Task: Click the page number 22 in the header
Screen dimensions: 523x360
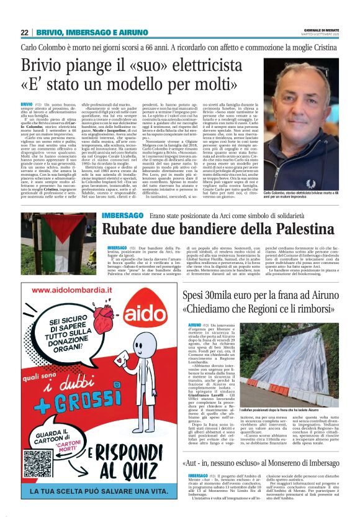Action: tap(24, 32)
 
